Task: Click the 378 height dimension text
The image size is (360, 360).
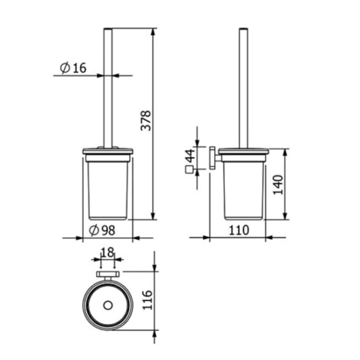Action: (145, 120)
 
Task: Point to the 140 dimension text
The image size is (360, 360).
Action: (278, 184)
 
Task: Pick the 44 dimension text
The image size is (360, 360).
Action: (189, 155)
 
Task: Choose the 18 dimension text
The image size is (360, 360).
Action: (107, 252)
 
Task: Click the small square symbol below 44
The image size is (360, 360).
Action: (188, 170)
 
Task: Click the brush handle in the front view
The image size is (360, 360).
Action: (107, 90)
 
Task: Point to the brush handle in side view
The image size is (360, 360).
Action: (243, 90)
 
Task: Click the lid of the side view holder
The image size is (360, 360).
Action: (243, 150)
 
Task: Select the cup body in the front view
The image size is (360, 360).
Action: (107, 190)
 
